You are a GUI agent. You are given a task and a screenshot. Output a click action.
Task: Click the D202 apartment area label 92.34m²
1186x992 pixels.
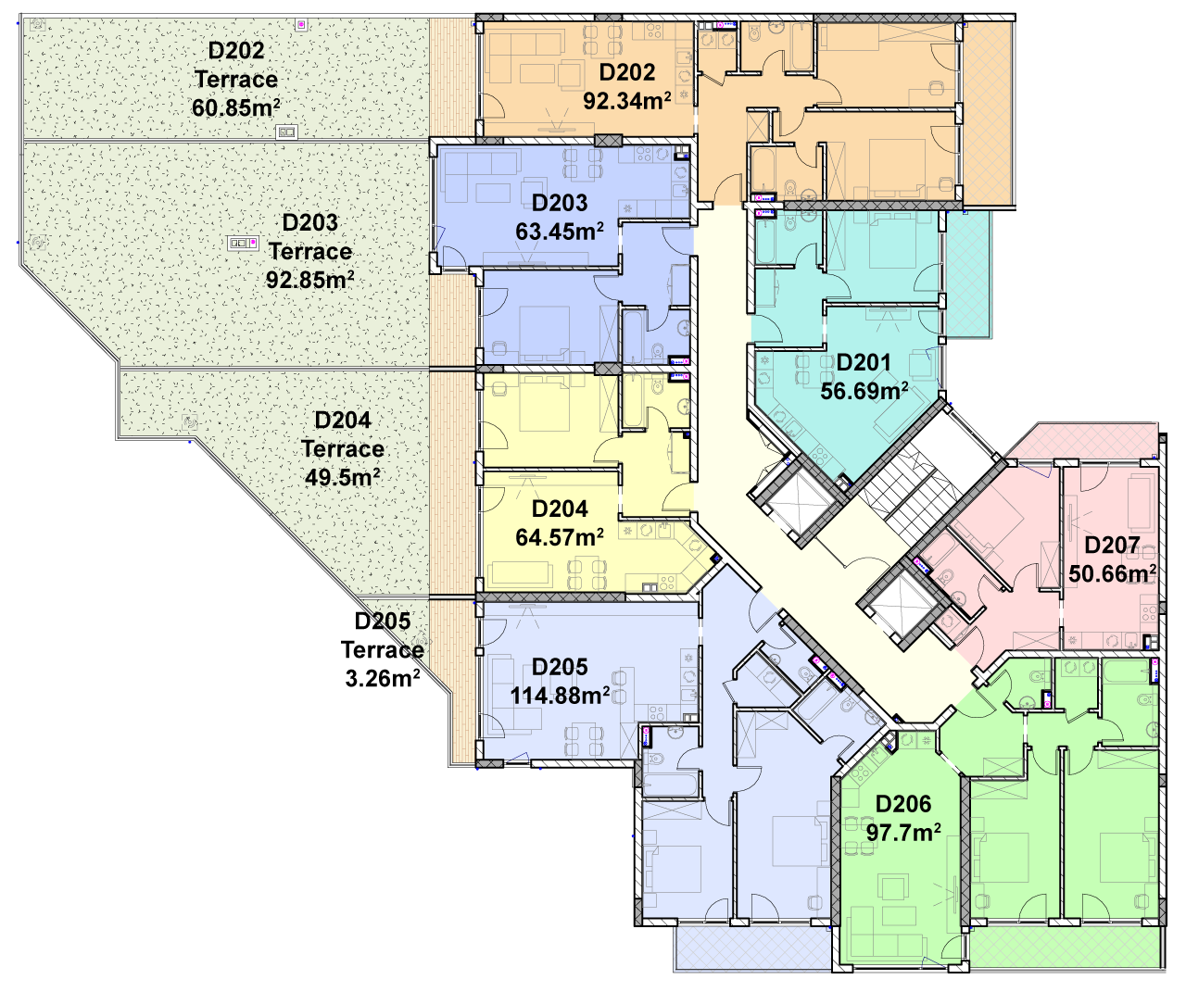(627, 101)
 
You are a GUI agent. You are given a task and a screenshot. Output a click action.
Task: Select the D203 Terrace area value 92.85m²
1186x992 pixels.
(310, 280)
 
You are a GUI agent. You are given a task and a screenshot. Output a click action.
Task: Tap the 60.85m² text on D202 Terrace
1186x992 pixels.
(236, 107)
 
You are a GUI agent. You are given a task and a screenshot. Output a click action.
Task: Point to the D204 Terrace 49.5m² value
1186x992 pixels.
(343, 478)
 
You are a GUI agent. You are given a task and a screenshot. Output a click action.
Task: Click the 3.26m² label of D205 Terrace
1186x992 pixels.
(383, 678)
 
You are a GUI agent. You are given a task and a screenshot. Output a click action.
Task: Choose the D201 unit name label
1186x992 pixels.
(864, 362)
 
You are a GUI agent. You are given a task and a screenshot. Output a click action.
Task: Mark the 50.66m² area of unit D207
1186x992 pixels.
(1112, 573)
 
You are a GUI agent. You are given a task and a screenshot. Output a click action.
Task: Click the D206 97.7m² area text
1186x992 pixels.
(903, 833)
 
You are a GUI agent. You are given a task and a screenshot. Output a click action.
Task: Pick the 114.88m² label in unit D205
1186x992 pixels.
(560, 695)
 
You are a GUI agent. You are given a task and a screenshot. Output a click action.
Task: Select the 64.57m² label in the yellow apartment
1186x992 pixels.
(560, 536)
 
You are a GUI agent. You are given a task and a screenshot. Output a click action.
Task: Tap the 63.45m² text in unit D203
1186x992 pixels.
(560, 232)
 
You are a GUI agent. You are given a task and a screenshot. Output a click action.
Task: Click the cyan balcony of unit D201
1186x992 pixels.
(969, 273)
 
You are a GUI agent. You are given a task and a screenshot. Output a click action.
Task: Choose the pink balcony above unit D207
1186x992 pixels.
(1082, 441)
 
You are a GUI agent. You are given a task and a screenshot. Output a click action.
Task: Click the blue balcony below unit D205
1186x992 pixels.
(753, 948)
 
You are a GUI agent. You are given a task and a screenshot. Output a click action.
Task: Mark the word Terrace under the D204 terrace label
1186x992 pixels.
(343, 448)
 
